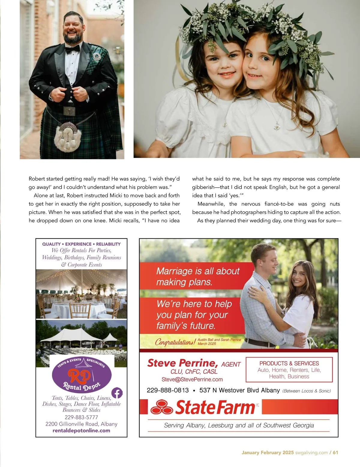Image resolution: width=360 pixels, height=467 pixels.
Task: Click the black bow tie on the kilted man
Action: [x=73, y=48]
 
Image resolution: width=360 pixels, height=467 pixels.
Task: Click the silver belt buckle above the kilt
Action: [x=69, y=111]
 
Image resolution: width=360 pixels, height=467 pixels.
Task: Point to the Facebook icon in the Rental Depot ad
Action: [x=117, y=393]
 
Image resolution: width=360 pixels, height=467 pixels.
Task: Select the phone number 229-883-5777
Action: [x=81, y=417]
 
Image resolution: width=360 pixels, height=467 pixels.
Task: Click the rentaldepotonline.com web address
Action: [x=81, y=431]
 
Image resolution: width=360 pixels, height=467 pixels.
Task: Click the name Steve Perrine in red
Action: [x=182, y=363]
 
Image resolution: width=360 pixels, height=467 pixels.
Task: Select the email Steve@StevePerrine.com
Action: [x=192, y=379]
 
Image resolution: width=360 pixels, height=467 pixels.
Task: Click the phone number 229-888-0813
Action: [x=168, y=390]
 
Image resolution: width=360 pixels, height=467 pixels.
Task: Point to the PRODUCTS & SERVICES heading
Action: [x=289, y=363]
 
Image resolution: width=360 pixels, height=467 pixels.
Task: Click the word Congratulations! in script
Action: [x=175, y=342]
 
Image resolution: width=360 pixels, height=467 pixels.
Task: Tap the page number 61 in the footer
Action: [x=335, y=453]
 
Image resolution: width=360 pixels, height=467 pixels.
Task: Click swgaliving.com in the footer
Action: [x=311, y=453]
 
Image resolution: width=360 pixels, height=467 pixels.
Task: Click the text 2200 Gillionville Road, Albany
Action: [x=81, y=424]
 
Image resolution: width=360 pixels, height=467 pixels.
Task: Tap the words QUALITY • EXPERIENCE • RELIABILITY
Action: [x=81, y=244]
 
